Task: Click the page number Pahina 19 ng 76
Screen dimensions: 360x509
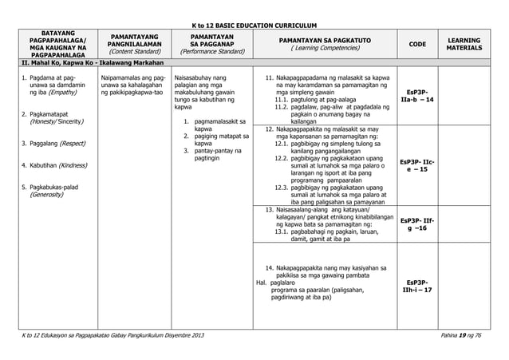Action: pyautogui.click(x=471, y=343)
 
